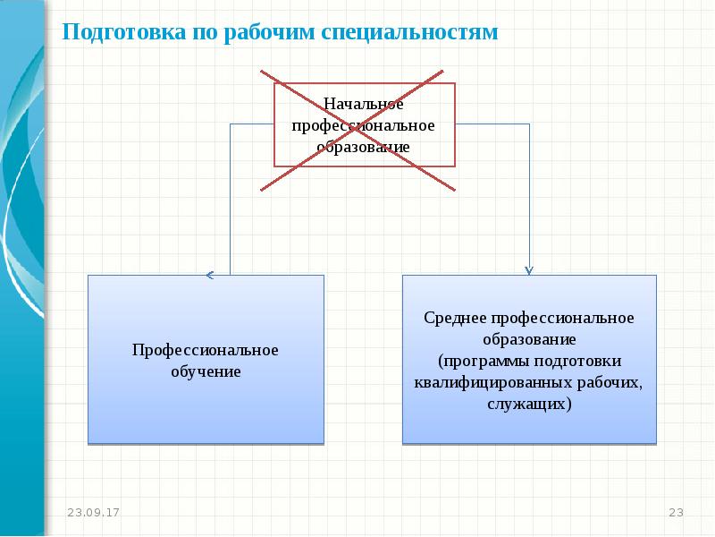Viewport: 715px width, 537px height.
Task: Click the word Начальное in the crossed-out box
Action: [x=365, y=106]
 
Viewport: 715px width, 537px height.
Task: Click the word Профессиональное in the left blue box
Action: [x=206, y=350]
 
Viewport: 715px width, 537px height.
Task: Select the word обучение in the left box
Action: [x=206, y=371]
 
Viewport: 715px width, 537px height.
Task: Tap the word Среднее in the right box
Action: [x=455, y=319]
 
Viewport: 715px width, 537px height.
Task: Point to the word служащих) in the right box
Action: [x=529, y=403]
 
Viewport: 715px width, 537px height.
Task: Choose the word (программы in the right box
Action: [x=475, y=361]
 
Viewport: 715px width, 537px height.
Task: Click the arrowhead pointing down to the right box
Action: [x=529, y=268]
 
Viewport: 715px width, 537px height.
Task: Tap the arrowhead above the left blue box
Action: [x=209, y=274]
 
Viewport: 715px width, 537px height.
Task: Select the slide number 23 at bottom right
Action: [x=676, y=512]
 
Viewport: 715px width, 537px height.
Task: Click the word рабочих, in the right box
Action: [x=613, y=382]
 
